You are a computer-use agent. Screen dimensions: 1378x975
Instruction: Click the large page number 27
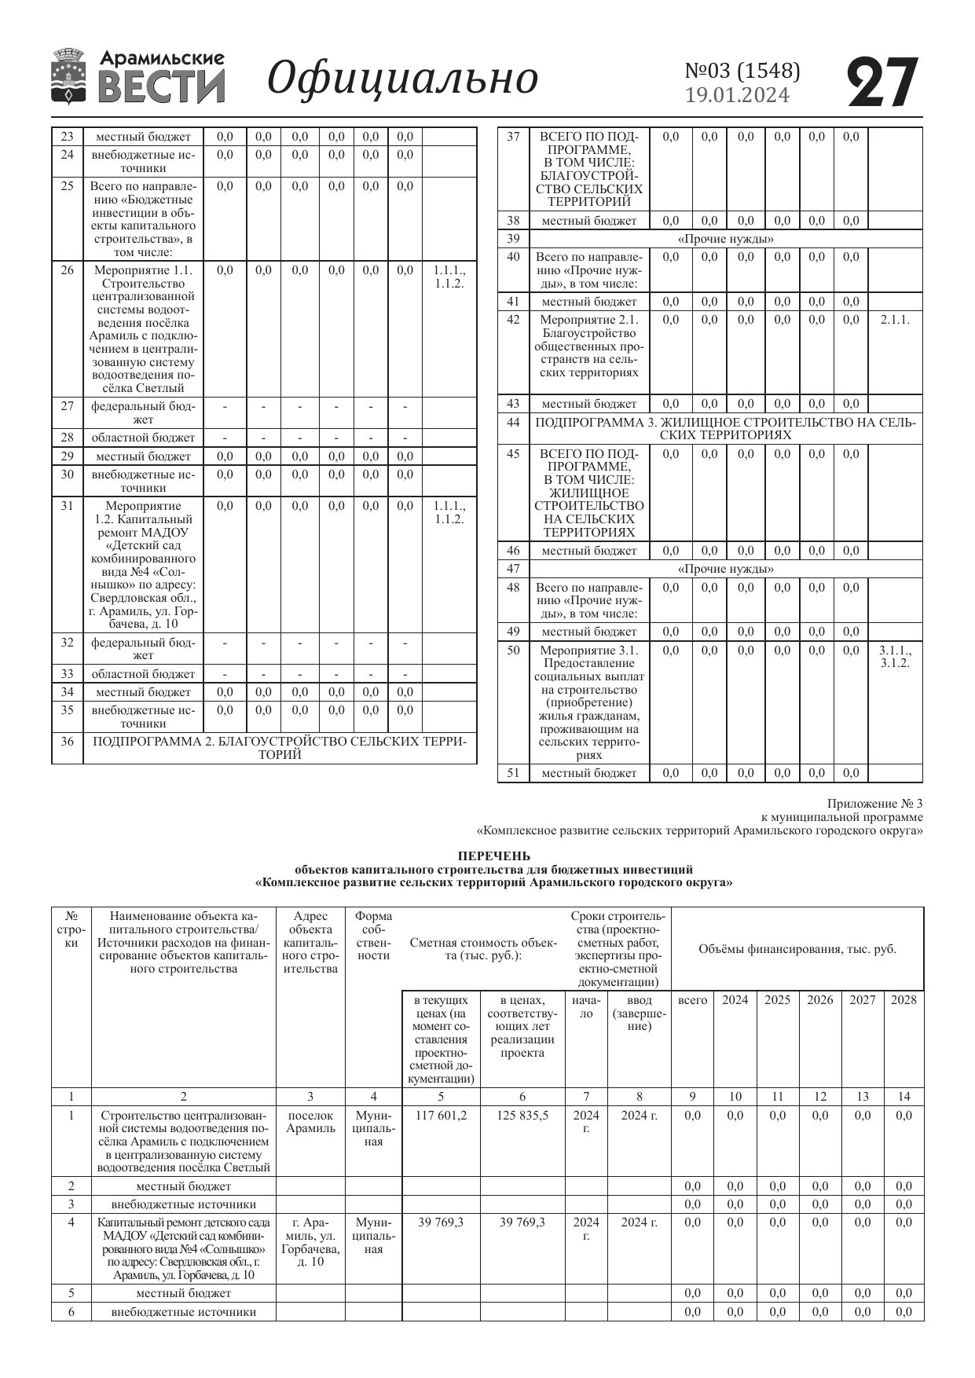click(x=883, y=82)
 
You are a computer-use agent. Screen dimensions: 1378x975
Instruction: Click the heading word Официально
click(x=403, y=78)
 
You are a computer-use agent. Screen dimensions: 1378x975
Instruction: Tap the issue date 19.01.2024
click(x=737, y=95)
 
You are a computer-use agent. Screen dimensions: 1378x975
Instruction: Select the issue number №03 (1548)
click(x=742, y=71)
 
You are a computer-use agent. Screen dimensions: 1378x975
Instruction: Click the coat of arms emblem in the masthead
click(x=69, y=76)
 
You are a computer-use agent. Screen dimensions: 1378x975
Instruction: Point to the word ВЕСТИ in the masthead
click(x=162, y=86)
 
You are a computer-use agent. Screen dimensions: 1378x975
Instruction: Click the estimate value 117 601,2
click(x=441, y=1116)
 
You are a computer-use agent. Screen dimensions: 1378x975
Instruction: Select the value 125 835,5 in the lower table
click(x=522, y=1116)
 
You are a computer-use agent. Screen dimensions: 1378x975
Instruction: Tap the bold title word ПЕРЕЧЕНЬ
click(x=493, y=856)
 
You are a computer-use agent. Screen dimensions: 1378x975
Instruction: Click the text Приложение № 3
click(x=874, y=804)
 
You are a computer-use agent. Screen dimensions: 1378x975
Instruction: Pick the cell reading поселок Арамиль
click(x=310, y=1122)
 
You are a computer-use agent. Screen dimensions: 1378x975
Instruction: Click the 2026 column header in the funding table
click(x=819, y=1000)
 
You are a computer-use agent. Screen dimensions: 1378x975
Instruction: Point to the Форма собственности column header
click(x=373, y=936)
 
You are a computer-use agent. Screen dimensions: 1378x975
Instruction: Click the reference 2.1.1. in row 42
click(x=895, y=320)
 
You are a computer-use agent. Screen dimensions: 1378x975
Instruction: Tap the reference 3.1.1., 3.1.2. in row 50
click(x=895, y=657)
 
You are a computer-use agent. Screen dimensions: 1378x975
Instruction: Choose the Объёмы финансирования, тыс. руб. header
click(x=797, y=949)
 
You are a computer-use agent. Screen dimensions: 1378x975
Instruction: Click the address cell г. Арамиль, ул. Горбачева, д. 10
click(x=310, y=1242)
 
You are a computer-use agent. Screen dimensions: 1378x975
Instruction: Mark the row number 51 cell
click(x=513, y=773)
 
